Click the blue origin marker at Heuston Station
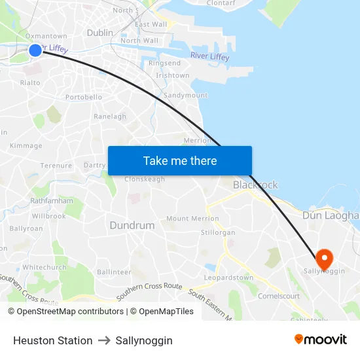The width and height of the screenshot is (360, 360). (x=35, y=50)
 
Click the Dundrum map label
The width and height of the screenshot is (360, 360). (x=132, y=225)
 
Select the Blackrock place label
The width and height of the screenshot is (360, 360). (x=255, y=185)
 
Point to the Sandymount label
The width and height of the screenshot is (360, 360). (x=185, y=96)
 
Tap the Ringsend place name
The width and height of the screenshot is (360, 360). (x=164, y=63)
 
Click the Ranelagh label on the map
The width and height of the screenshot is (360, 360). (x=110, y=117)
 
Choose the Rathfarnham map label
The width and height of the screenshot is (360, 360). (x=52, y=201)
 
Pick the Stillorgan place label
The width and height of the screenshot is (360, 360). (x=218, y=232)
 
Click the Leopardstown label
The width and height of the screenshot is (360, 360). (x=228, y=278)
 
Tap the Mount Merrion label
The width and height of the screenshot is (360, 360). (x=192, y=219)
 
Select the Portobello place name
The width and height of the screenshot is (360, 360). (x=84, y=97)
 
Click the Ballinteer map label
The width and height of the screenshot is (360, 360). (x=114, y=272)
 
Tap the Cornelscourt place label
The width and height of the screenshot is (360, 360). (x=279, y=296)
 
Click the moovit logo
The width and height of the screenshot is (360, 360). (x=320, y=340)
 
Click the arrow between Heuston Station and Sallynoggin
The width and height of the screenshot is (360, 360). (x=104, y=341)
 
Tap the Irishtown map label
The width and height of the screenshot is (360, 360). (x=173, y=76)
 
